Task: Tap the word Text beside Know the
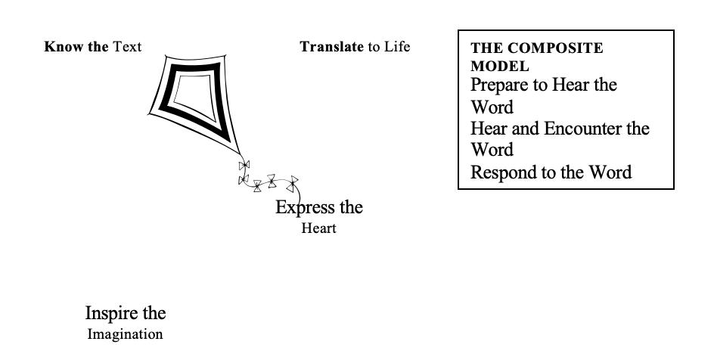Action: pos(127,47)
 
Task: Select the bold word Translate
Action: pos(332,47)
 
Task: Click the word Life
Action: pos(397,47)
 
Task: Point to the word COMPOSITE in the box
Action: pos(557,48)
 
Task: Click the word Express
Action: pos(301,207)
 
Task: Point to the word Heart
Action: pos(318,228)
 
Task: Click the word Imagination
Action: pos(125,334)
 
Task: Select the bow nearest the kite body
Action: pos(244,165)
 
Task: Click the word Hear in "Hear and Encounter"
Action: pos(487,129)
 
